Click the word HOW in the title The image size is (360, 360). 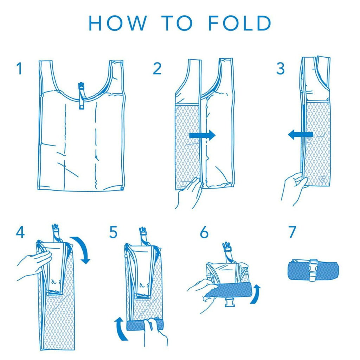click(x=117, y=23)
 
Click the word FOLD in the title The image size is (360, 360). click(x=240, y=23)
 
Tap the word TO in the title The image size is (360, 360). click(x=177, y=23)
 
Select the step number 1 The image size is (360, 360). click(x=20, y=69)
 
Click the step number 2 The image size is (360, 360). click(x=157, y=69)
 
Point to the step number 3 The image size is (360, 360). click(x=280, y=69)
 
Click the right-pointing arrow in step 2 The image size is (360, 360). click(x=202, y=135)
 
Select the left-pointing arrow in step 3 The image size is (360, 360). click(x=301, y=134)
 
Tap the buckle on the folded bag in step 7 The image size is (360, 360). click(x=313, y=270)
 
